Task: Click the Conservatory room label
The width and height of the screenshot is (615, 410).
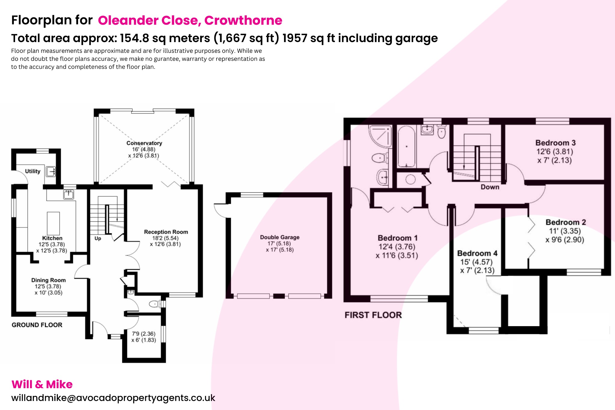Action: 144,143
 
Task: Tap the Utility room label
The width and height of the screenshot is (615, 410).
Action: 32,171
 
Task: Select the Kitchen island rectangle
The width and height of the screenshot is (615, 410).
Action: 53,223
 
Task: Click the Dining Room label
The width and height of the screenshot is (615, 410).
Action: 48,280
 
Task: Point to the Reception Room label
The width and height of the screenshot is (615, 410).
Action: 166,232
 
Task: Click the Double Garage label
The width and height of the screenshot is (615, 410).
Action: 280,237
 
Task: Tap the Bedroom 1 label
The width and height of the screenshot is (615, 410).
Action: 397,238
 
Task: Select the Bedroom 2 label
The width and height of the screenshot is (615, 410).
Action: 565,222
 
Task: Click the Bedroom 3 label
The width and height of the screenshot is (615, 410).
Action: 555,143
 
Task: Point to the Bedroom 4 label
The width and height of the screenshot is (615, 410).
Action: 477,253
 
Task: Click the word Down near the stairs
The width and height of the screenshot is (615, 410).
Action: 490,187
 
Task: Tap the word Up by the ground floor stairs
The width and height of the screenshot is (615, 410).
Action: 98,238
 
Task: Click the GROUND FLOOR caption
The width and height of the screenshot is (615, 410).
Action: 37,325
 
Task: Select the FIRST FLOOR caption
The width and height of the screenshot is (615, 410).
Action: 373,315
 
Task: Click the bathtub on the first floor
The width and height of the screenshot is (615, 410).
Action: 406,147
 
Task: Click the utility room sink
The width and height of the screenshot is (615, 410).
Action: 51,172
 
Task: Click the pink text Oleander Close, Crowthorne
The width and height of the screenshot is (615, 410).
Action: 190,20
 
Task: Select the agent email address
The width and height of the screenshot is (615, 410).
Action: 113,398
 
